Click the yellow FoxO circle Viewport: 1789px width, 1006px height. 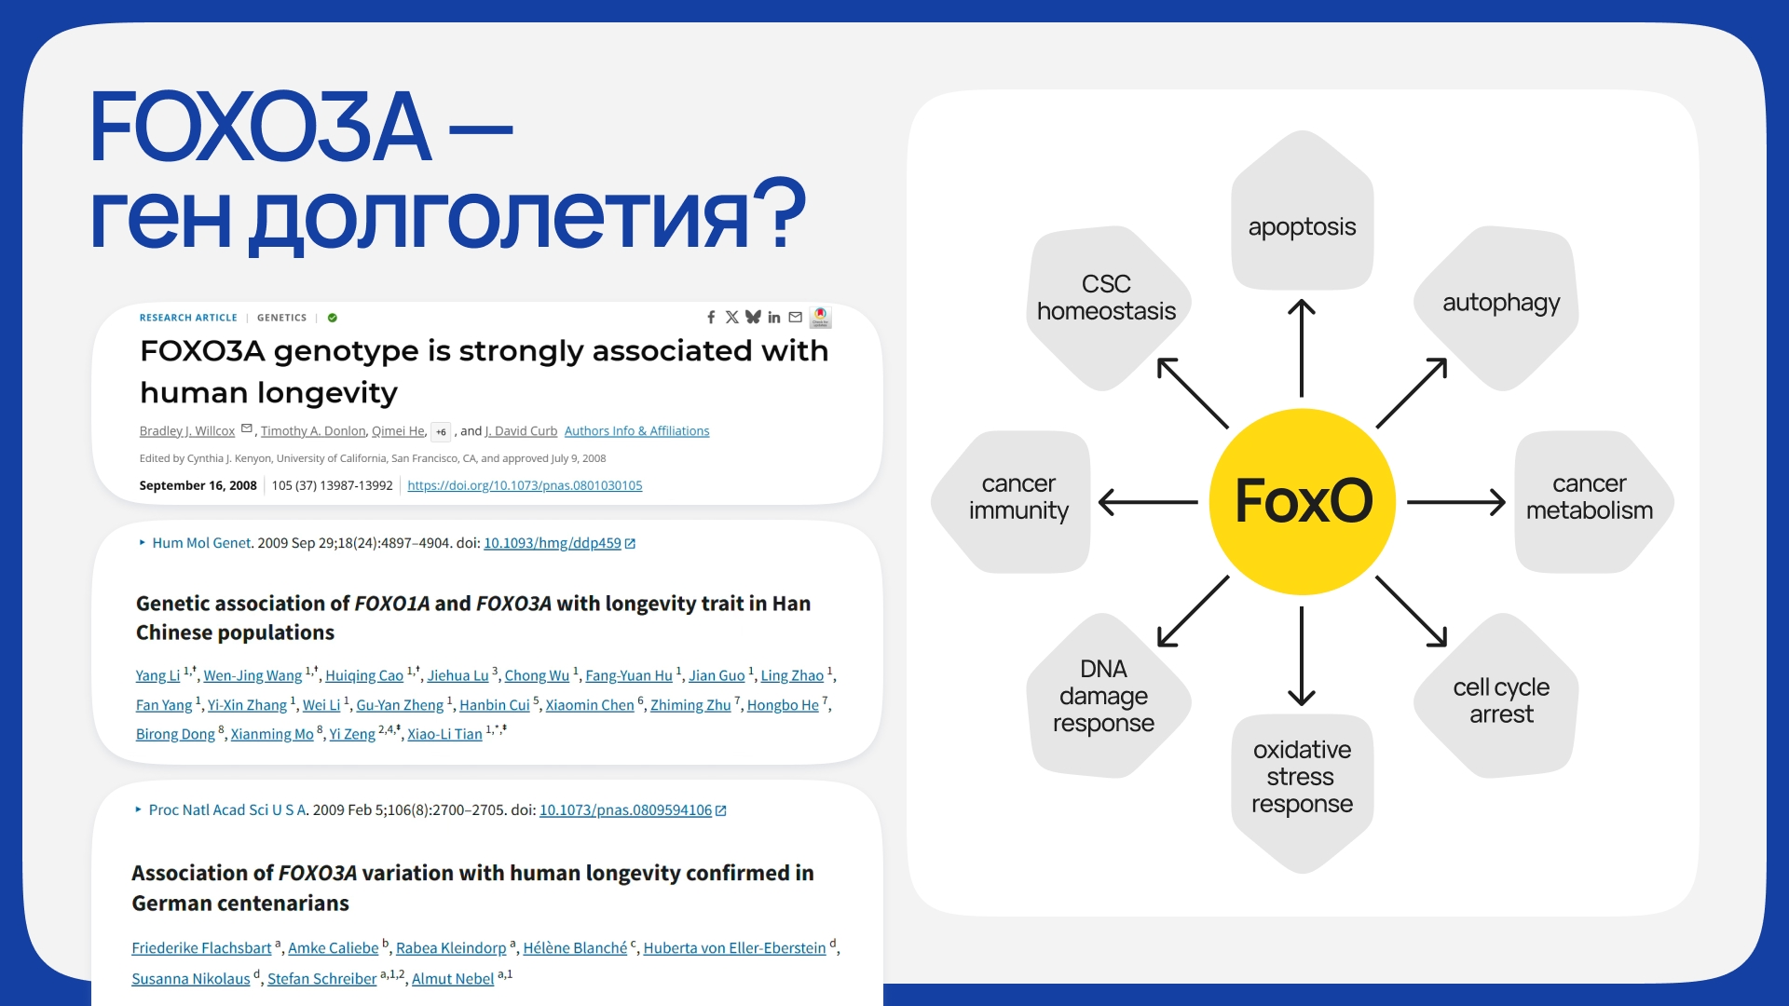[x=1302, y=501]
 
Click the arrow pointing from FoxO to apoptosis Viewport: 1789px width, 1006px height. [x=1302, y=348]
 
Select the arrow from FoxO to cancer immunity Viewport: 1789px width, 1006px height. [x=1148, y=502]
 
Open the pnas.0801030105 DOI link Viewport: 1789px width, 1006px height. [x=525, y=485]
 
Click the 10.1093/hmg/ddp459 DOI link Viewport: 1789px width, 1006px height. [x=553, y=543]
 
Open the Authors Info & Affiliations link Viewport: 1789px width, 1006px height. [x=636, y=431]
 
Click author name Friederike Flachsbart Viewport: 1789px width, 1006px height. [x=201, y=948]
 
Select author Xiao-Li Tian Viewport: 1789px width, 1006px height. [x=444, y=734]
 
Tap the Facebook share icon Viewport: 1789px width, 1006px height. [x=711, y=318]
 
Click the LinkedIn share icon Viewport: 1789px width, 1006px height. [x=773, y=318]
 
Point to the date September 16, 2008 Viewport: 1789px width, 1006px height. [x=198, y=485]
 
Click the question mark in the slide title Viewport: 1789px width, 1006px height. [x=780, y=212]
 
